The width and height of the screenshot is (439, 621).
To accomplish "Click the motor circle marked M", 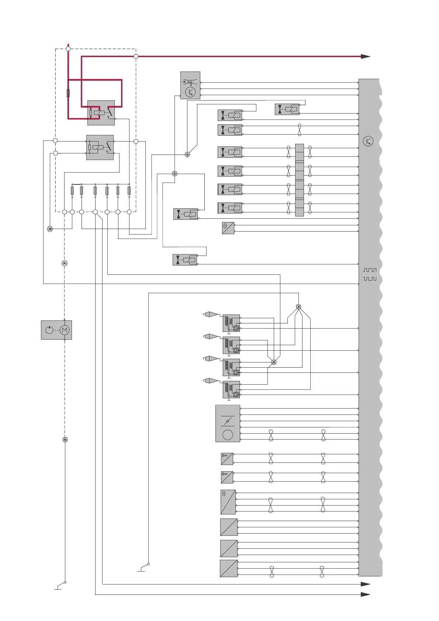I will pos(65,330).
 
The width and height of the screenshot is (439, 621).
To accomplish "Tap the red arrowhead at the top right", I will pos(365,56).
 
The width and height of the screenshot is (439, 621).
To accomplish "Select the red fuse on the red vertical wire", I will pos(68,93).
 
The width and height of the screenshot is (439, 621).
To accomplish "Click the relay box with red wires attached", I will pos(101,112).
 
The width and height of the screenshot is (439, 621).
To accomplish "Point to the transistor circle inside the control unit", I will pos(368,141).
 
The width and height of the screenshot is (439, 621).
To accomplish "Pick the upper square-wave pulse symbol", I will pos(370,270).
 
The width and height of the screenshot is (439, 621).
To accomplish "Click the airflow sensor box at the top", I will pos(190,85).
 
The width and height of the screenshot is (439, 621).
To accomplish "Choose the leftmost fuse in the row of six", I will pos(72,191).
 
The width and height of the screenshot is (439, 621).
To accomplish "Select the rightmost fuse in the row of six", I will pos(129,191).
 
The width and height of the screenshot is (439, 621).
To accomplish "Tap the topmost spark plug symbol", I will pos(211,314).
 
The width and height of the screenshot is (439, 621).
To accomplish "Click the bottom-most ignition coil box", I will pos(231,389).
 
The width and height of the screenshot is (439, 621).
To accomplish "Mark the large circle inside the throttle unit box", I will pos(228,435).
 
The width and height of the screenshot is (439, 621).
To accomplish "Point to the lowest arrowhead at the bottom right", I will pos(365,594).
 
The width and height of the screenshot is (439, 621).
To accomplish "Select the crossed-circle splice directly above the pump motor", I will pos(65,263).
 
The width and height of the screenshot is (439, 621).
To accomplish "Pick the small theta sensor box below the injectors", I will pos(228,228).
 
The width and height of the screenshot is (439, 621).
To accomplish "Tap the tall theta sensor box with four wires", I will pos(228,502).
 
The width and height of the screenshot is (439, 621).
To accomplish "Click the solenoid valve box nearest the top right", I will pos(287,109).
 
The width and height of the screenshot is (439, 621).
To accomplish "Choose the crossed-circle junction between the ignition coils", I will pos(274,362).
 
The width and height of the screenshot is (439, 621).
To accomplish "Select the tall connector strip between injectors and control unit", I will pos(300,180).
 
